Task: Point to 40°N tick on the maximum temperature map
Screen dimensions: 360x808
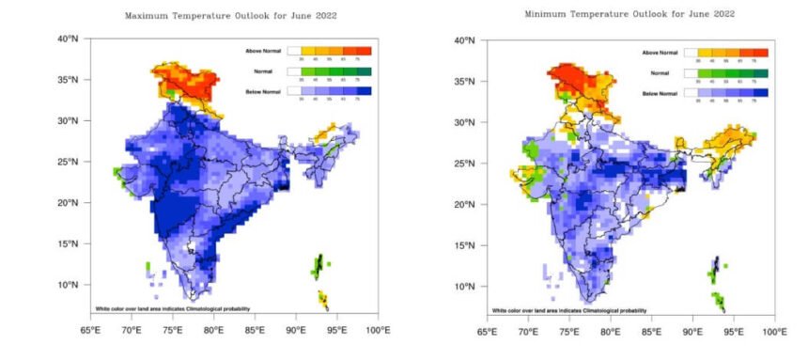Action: [69, 39]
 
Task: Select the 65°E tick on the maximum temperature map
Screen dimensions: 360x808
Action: [90, 330]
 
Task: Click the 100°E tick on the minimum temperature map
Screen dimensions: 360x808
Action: [775, 332]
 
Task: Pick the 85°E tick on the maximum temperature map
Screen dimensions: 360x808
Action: [255, 330]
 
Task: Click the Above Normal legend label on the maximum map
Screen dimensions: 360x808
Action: [256, 50]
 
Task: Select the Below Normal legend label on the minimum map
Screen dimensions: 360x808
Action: [660, 94]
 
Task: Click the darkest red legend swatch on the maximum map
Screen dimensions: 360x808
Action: [365, 50]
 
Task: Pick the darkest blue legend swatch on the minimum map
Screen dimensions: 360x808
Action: [762, 93]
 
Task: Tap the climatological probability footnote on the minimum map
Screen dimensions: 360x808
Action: [568, 310]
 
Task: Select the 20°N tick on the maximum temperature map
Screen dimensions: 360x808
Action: [69, 202]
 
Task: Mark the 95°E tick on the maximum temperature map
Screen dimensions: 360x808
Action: [336, 330]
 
